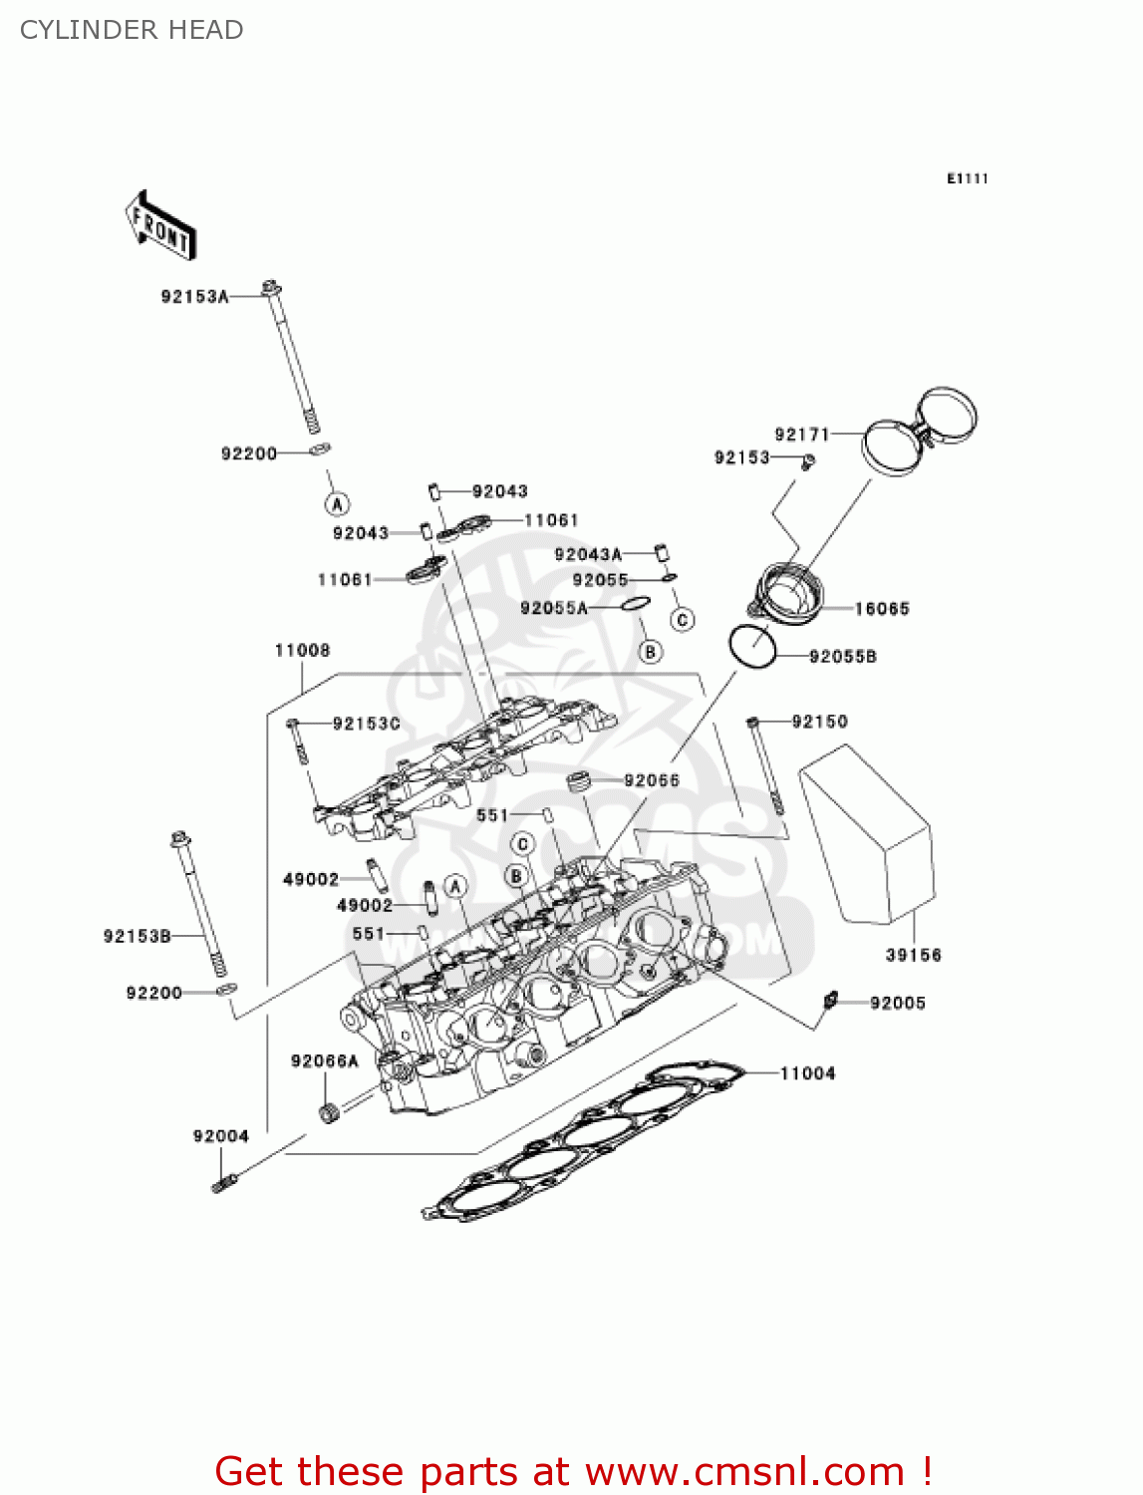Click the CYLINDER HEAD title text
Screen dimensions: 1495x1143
(132, 30)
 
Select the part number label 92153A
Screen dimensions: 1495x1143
(194, 296)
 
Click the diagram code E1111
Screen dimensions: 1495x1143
(967, 178)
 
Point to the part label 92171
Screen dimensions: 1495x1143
(801, 434)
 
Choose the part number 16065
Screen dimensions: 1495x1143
(882, 609)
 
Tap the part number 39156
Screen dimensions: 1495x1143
(913, 955)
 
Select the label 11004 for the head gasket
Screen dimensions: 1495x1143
(807, 1073)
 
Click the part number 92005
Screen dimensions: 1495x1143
(897, 1003)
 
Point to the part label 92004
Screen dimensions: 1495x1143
(220, 1136)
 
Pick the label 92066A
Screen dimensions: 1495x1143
(324, 1061)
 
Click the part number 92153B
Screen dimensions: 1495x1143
(137, 936)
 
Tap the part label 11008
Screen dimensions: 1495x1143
(302, 651)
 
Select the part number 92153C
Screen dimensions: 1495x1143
(366, 724)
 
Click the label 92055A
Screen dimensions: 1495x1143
(553, 608)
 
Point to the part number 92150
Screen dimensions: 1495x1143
(819, 722)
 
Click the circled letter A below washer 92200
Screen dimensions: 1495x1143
(338, 503)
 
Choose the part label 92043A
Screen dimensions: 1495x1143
(587, 554)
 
